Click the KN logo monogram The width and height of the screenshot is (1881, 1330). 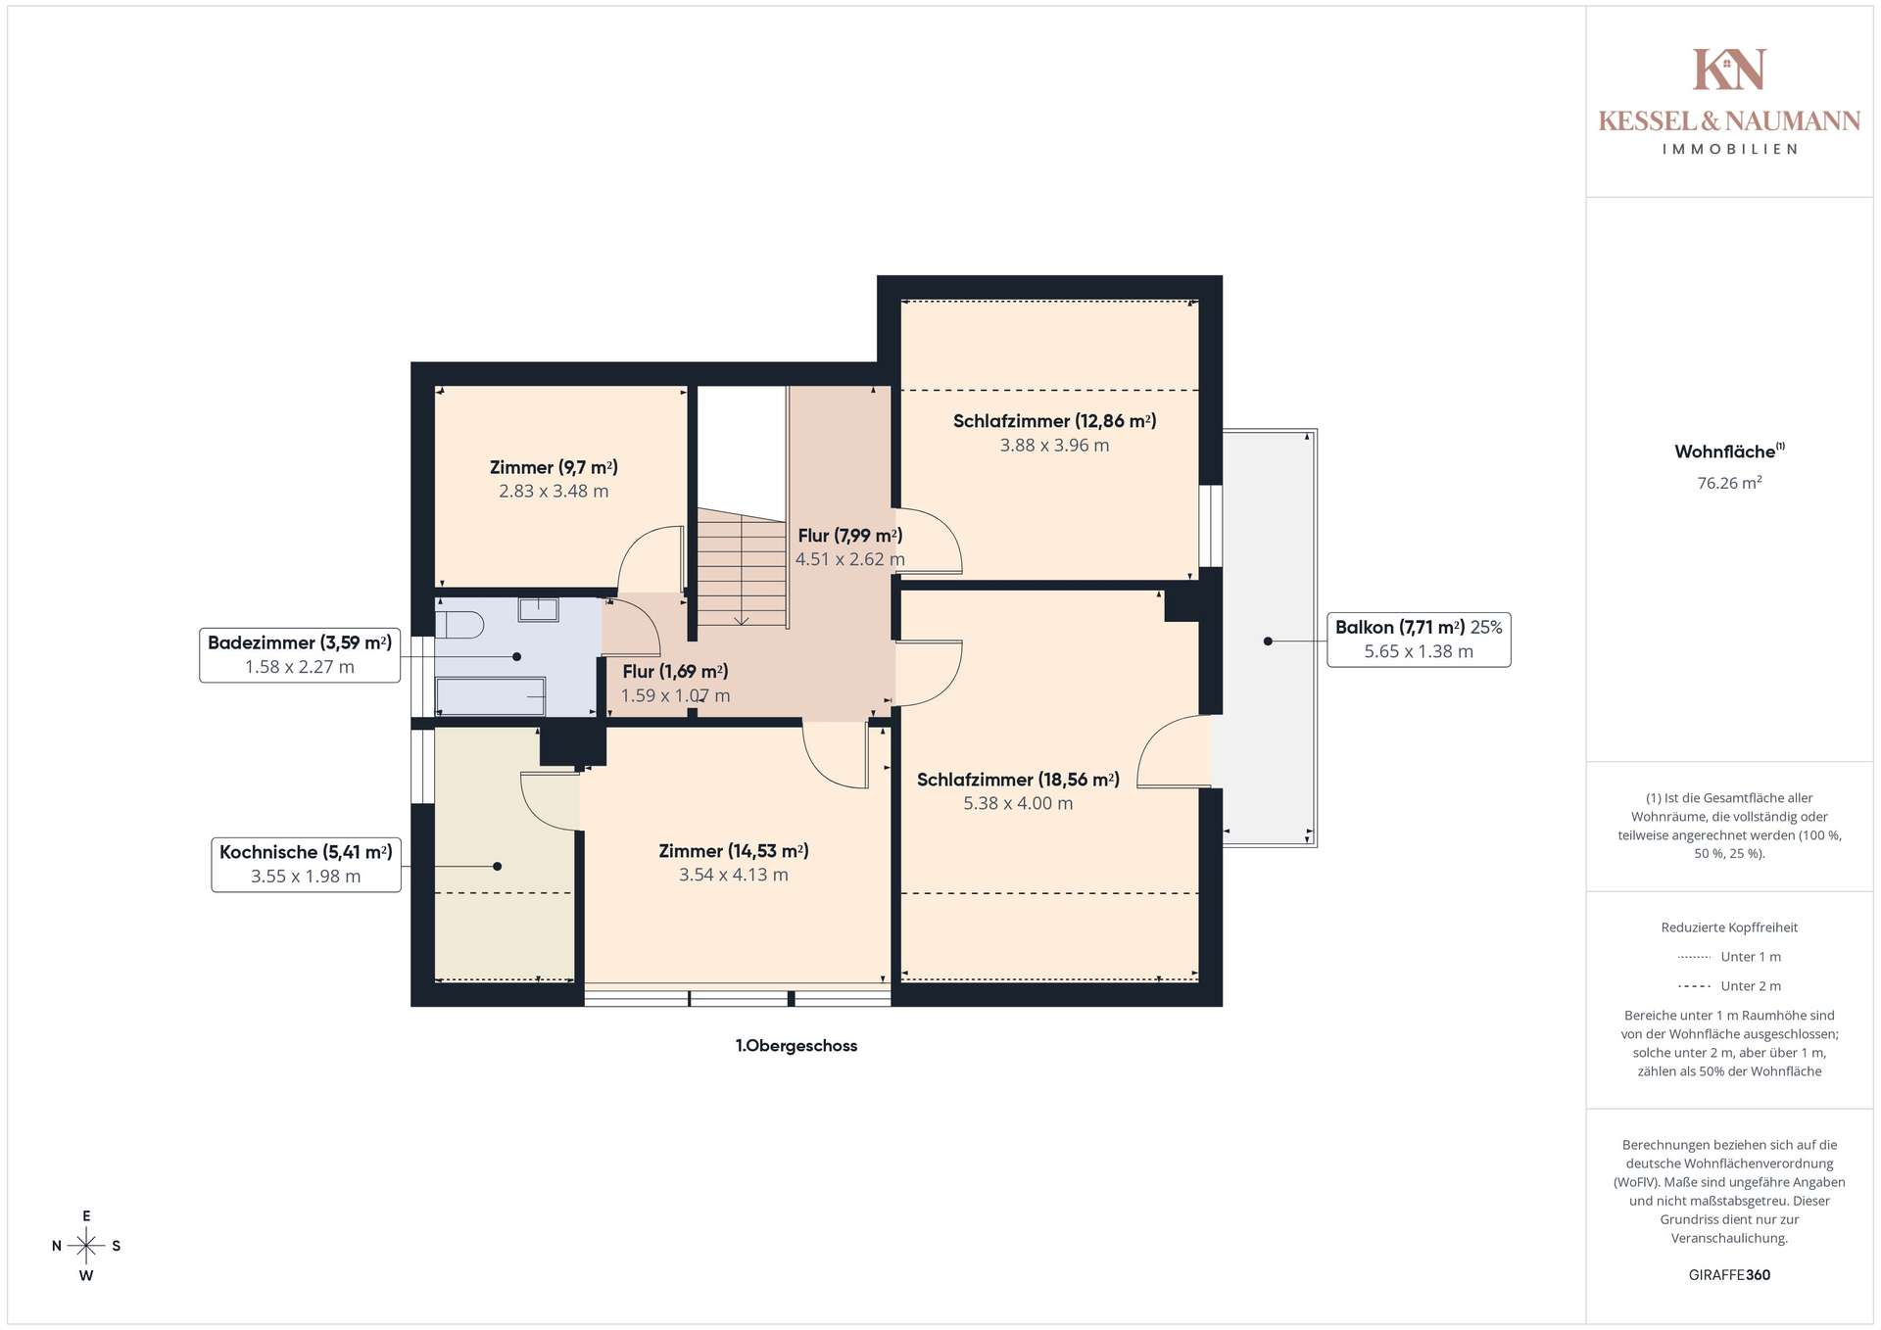[x=1729, y=70]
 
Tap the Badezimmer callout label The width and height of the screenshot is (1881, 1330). [x=300, y=654]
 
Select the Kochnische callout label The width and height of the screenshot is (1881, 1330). [x=306, y=864]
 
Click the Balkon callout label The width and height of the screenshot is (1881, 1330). [x=1419, y=640]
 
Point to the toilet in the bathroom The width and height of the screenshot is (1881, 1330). [x=459, y=624]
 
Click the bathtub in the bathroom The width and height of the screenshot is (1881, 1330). [x=491, y=696]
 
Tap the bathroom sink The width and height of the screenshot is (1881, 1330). [x=538, y=609]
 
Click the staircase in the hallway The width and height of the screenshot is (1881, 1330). [x=742, y=568]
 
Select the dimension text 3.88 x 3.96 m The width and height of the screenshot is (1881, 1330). [x=1054, y=446]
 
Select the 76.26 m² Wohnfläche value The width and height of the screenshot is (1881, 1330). [x=1729, y=483]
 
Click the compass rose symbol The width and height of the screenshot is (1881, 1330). [x=86, y=1246]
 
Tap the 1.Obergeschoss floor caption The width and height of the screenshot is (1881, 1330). [x=796, y=1046]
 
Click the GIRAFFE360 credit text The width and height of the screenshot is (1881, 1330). [x=1729, y=1275]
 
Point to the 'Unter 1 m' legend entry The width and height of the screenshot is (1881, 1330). [x=1729, y=957]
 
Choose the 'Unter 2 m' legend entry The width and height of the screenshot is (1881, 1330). [x=1729, y=986]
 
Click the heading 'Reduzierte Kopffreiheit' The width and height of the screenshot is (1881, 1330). [x=1729, y=927]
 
